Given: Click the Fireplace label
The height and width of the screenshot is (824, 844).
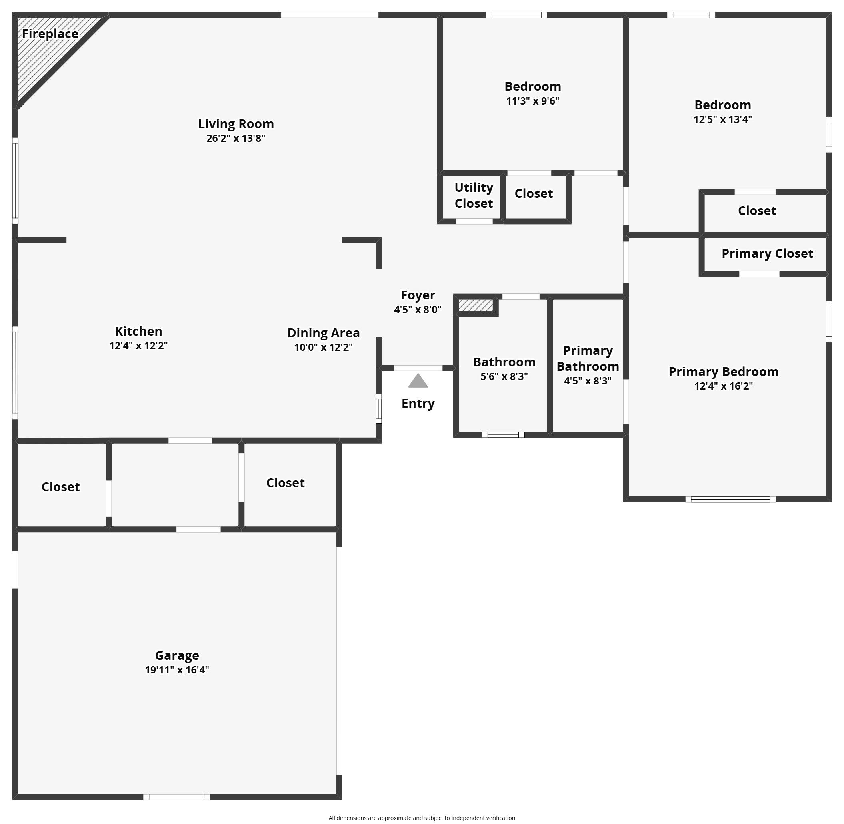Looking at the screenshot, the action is click(50, 34).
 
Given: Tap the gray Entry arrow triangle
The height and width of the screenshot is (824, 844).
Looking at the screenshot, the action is click(418, 381).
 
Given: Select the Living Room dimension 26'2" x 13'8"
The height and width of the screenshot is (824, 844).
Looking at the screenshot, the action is click(236, 138).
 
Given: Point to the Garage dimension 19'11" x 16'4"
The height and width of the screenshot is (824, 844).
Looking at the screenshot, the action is click(177, 670).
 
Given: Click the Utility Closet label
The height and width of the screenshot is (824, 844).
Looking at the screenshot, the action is click(474, 195).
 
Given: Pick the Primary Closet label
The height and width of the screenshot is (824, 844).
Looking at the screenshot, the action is click(767, 253).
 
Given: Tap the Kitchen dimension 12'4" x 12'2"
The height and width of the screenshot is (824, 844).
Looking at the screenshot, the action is click(138, 346).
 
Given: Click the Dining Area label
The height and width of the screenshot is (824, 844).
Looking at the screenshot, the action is click(324, 333).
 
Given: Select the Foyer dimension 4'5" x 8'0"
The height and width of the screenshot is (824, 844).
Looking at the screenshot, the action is click(418, 310).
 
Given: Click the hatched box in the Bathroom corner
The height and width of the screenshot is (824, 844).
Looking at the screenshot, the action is click(476, 305).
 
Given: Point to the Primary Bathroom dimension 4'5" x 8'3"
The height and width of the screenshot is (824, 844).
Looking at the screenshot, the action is click(588, 381).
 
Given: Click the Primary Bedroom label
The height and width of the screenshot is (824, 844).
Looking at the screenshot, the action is click(723, 371).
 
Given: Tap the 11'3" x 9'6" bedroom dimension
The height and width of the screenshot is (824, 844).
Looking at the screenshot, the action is click(533, 101).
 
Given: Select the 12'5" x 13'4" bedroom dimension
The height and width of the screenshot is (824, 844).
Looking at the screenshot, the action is click(722, 119).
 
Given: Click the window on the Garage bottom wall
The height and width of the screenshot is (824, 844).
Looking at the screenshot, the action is click(176, 797).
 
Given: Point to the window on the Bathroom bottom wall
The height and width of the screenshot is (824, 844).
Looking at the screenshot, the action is click(503, 434).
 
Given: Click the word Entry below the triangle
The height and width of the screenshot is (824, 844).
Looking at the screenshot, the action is click(418, 403).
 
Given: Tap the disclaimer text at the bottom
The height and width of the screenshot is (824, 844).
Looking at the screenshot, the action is click(422, 818).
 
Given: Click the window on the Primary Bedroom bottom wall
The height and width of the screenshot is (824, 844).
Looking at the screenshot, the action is click(730, 499).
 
